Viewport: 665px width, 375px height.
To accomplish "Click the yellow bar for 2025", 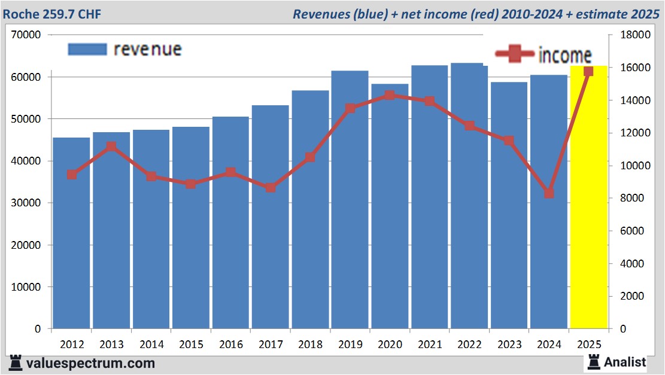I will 588,197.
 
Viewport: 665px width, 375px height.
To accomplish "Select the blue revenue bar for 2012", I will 71,233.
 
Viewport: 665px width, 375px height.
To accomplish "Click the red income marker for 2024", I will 549,193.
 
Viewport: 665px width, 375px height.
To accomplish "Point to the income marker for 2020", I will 390,95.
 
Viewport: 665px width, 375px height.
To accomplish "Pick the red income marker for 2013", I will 111,147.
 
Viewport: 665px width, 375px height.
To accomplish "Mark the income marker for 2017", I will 271,187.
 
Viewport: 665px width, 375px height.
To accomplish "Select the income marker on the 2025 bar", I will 588,71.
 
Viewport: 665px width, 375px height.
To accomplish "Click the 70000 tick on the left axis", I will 26,35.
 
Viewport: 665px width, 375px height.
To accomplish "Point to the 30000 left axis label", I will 26,203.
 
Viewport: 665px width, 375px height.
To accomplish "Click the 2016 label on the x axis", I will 231,344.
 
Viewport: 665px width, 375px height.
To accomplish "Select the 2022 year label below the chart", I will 469,344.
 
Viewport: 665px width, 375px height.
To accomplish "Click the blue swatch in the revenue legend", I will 87,49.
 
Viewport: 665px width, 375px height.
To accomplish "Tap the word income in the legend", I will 565,55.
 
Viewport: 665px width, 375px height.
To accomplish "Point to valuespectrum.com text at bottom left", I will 90,363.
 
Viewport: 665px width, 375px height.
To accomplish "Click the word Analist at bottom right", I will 625,362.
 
